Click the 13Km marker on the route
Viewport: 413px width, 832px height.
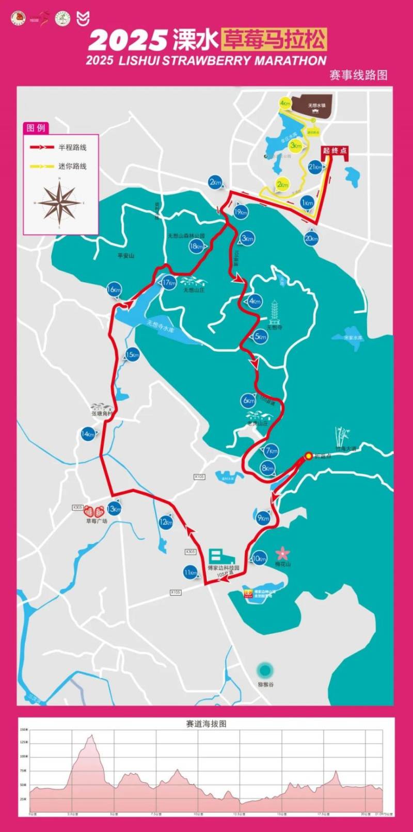pyautogui.click(x=114, y=509)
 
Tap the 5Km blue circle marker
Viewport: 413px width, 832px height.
pyautogui.click(x=261, y=337)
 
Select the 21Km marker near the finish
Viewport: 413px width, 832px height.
pyautogui.click(x=315, y=167)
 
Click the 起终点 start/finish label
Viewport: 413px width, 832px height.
pyautogui.click(x=335, y=151)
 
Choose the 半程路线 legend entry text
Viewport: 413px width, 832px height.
pyautogui.click(x=72, y=148)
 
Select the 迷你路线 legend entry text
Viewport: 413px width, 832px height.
pyautogui.click(x=72, y=166)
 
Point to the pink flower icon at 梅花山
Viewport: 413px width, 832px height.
pyautogui.click(x=282, y=553)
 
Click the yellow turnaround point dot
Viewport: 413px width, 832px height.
pyautogui.click(x=308, y=455)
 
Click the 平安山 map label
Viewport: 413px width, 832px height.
pyautogui.click(x=125, y=256)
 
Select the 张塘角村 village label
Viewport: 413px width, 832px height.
pyautogui.click(x=101, y=413)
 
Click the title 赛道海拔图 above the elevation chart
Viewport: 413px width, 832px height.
pyautogui.click(x=206, y=724)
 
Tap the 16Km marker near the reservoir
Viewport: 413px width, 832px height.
pyautogui.click(x=114, y=290)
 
